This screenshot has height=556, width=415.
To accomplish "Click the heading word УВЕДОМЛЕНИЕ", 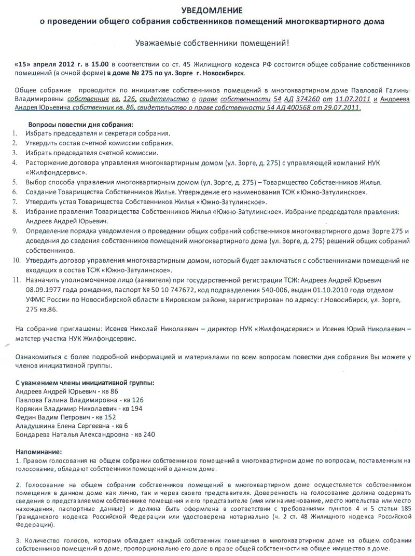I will [x=212, y=10].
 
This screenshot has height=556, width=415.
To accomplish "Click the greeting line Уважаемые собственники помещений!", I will [x=212, y=44].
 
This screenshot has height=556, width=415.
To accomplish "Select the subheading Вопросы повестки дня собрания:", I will [x=80, y=125].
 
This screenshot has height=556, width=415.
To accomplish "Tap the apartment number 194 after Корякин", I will [x=136, y=409].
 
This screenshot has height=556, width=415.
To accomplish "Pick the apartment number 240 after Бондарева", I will [x=149, y=434].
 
